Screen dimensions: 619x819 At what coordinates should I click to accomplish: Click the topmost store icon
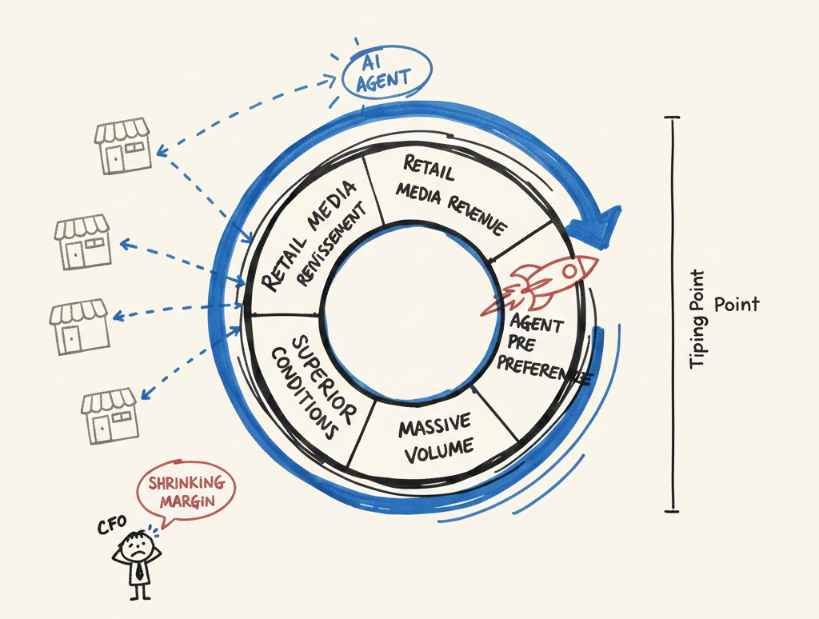pos(122,145)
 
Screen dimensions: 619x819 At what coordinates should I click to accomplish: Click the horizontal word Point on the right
pos(737,305)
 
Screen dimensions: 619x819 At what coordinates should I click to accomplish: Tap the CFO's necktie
pos(140,572)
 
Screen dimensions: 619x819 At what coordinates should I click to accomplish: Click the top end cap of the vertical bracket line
pos(673,118)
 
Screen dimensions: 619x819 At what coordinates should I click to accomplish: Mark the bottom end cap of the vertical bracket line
pos(673,509)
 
